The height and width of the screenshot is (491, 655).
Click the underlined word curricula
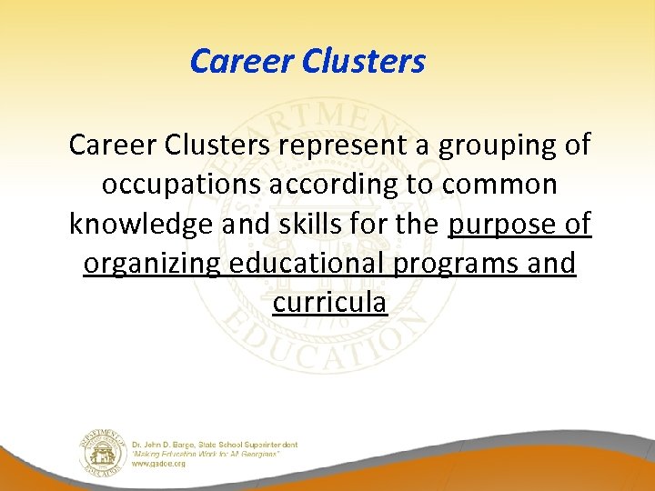pyautogui.click(x=329, y=303)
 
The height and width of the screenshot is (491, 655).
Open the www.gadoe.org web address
pyautogui.click(x=160, y=464)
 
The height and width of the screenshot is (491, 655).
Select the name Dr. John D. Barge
pyautogui.click(x=167, y=445)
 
